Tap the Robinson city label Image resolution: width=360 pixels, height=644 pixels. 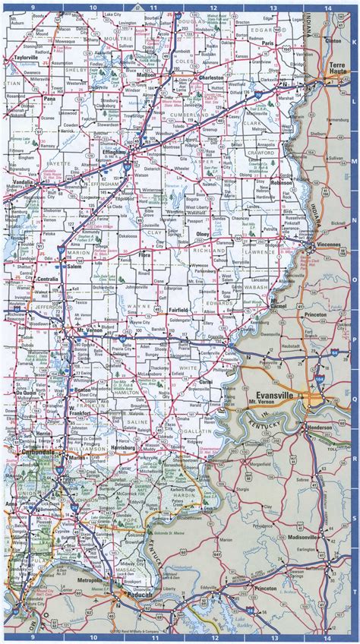coord(282,184)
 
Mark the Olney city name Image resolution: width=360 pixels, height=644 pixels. coord(204,235)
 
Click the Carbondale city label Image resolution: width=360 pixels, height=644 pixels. coord(27,452)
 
